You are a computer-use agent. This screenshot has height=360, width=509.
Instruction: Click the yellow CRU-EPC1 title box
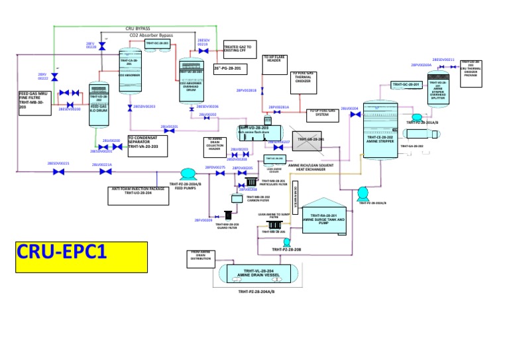pyautogui.click(x=60, y=257)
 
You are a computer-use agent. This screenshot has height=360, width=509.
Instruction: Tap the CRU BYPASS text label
pyautogui.click(x=138, y=29)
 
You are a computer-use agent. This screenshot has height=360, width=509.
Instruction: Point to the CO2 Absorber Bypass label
pyautogui.click(x=150, y=34)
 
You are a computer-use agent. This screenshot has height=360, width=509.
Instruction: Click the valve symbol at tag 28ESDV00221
pyautogui.click(x=58, y=172)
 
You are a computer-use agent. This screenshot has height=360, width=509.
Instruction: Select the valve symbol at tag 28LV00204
pyautogui.click(x=355, y=115)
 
